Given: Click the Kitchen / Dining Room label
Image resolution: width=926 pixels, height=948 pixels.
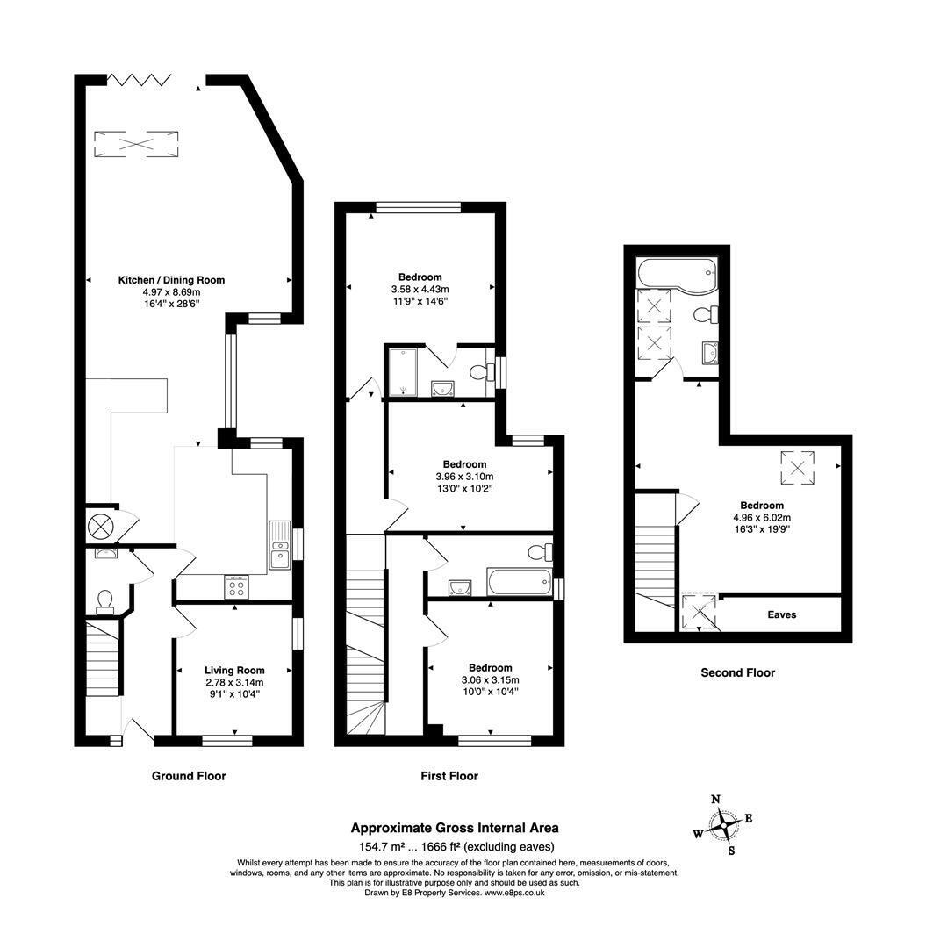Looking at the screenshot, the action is [171, 280].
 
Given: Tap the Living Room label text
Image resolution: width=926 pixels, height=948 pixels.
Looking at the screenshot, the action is [234, 670].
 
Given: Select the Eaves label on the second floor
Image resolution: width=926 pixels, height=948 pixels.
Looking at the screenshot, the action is [781, 614].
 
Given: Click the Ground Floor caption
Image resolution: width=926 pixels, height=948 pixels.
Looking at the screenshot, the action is [189, 776].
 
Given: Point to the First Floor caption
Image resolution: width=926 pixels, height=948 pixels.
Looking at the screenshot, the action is [449, 776].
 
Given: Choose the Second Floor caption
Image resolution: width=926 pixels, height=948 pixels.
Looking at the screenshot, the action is [737, 672].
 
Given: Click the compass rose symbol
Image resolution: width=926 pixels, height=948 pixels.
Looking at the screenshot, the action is [723, 825].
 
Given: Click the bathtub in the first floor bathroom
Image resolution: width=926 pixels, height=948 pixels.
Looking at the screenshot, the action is [520, 582].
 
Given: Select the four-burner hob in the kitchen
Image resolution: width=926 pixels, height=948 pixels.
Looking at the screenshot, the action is [236, 586].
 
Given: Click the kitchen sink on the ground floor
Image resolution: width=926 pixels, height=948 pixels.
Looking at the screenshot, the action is [280, 545].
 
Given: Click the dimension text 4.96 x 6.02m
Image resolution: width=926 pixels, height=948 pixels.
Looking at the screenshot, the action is [762, 518].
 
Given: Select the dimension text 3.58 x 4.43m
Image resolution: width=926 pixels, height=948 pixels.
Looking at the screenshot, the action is [420, 290].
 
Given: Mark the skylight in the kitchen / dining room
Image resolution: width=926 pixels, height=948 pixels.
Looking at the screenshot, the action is [136, 145].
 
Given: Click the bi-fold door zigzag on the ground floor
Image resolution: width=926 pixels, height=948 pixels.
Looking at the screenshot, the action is [139, 80].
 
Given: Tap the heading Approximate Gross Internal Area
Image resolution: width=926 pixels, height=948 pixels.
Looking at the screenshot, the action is [455, 828].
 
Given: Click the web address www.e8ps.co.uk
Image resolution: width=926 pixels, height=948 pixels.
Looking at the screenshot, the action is [514, 893].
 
